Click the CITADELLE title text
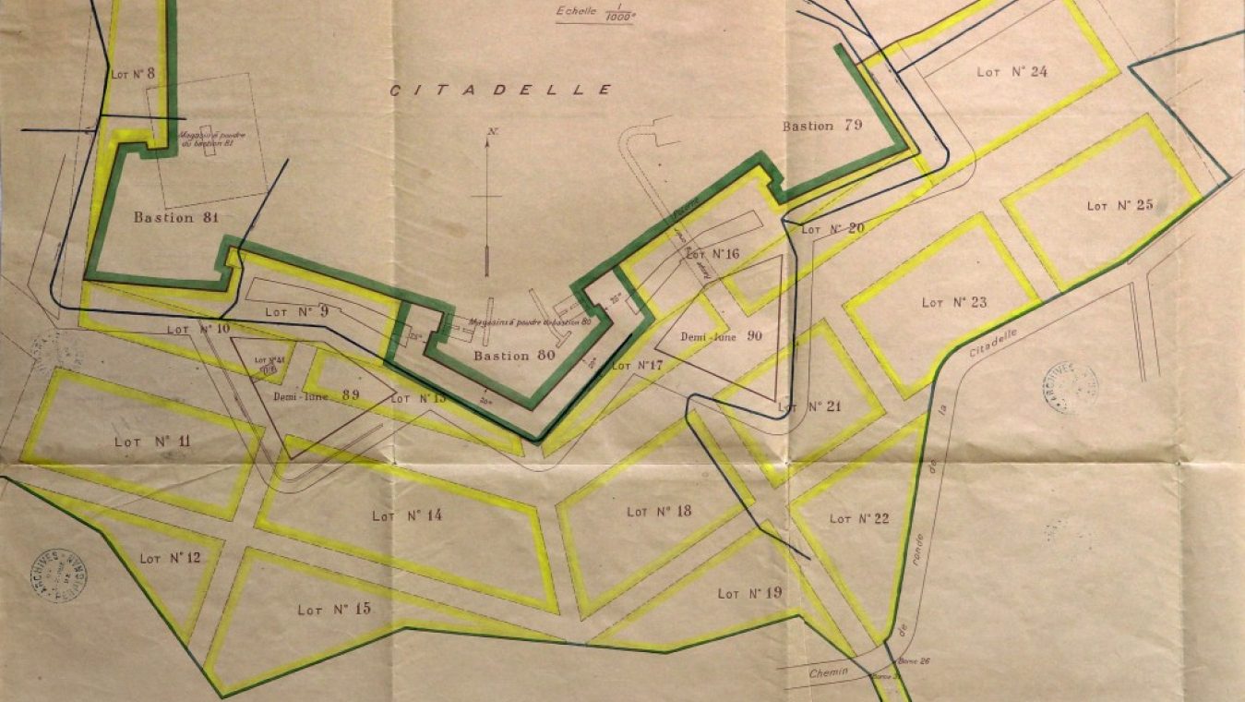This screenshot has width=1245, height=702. (501, 91)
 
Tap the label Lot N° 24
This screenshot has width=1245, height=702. (1012, 72)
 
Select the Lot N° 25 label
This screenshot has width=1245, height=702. (1119, 205)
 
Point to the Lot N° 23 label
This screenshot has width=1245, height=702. (954, 302)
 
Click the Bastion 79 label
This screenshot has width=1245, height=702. (821, 126)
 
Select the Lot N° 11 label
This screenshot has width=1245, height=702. (152, 442)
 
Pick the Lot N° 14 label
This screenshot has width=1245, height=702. (407, 515)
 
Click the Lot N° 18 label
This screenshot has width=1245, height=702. (659, 511)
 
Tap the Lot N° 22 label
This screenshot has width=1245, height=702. (859, 518)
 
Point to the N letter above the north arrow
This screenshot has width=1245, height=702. (493, 132)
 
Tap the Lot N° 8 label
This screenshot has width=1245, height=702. (133, 73)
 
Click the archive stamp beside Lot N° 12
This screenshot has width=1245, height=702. (60, 574)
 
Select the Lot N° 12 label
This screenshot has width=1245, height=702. (164, 559)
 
